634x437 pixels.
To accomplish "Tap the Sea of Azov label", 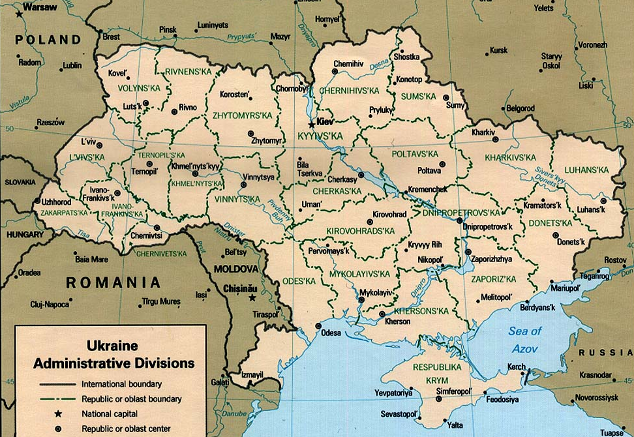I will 525,340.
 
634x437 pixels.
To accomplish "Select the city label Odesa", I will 331,333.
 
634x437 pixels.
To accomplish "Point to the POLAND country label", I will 48,40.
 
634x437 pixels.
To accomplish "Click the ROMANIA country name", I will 113,282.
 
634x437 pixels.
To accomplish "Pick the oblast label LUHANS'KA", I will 586,170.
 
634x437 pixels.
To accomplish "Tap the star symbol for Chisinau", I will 252,298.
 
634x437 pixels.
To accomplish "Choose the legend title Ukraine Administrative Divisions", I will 113,353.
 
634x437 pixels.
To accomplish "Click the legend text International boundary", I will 122,384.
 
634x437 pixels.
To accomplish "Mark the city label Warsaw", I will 40,8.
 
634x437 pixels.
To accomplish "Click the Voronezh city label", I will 592,45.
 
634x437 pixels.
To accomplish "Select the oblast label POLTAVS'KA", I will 415,154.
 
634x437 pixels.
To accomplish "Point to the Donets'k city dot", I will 555,234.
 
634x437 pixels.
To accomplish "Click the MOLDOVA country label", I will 241,269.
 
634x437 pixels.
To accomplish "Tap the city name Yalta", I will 455,425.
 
